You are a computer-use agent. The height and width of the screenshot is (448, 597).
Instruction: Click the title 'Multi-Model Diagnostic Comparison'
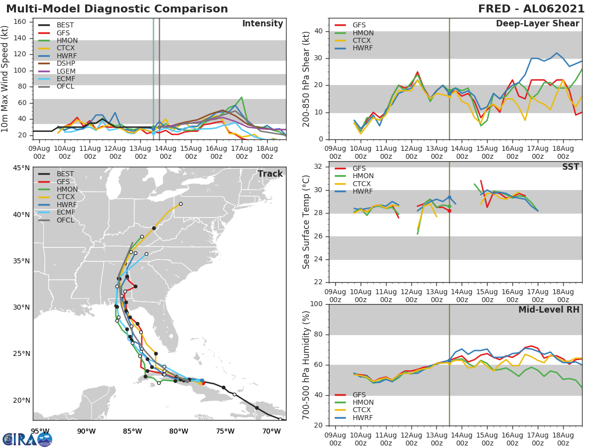coord(117,9)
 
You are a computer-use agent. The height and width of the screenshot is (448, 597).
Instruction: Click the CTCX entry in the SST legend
coord(362,184)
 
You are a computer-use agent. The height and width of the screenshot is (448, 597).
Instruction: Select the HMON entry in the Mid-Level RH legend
coord(362,402)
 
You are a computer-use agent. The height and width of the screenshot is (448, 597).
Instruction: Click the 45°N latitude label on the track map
coord(21,168)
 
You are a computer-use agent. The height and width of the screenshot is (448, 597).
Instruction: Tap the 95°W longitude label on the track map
coord(40,431)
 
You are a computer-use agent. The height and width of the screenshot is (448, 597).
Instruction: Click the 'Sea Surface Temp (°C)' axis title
coord(306,222)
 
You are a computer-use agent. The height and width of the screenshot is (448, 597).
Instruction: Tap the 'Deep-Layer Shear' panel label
coord(537,24)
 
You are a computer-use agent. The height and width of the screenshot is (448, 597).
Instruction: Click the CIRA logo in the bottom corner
coord(27,439)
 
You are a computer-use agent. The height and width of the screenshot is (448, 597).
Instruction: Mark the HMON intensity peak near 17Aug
coord(241,98)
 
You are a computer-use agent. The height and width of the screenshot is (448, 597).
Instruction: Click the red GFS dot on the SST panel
coord(449,211)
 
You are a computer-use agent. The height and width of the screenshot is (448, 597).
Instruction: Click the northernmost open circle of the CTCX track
coord(181,204)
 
